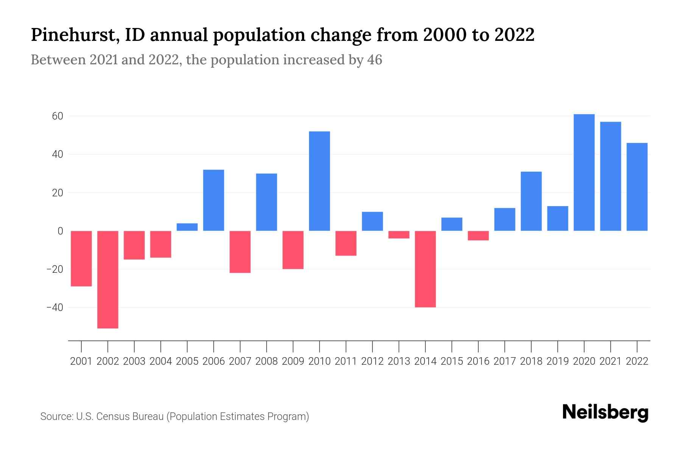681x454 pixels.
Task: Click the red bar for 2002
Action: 108,279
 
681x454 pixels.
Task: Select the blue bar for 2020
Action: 584,173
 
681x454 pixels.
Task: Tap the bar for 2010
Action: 319,181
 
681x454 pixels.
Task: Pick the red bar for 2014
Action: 425,269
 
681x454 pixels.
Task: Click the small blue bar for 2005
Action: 187,227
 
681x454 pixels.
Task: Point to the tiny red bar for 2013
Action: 399,235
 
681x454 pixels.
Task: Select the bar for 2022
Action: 637,187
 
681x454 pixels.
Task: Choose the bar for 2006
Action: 214,200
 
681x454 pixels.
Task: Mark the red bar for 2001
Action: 81,258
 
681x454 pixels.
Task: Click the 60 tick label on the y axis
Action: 57,116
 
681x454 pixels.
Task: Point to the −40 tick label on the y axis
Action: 54,307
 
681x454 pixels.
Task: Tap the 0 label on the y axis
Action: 60,231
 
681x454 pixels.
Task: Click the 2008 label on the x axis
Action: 266,361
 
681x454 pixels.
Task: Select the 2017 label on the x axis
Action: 505,361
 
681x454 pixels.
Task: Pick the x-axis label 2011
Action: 346,361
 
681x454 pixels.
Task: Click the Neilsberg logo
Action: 605,412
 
